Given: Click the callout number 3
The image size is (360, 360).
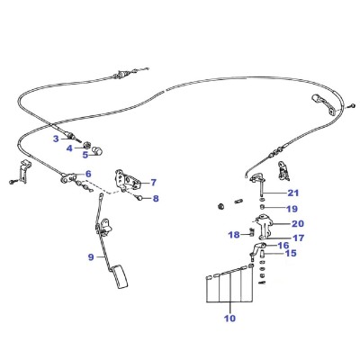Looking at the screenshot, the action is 56,139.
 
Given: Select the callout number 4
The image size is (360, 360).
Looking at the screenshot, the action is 69,148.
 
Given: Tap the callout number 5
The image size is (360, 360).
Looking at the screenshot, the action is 85,155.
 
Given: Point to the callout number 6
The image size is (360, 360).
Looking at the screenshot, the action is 88,174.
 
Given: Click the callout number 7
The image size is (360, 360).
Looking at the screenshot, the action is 154,183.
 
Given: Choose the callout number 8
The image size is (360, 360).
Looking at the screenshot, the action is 156,198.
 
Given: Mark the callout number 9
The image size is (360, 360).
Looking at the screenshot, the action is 91,257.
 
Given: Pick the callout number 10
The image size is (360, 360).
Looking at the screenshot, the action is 230,318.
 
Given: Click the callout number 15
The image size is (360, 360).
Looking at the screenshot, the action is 291,253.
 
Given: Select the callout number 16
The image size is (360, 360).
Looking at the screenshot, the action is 283,246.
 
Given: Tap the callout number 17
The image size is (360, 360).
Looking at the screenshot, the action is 298,238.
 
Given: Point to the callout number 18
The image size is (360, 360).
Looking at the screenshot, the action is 234,235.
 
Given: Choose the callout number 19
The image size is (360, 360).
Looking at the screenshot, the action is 292,209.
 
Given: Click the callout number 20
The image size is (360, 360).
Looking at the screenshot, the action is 298,223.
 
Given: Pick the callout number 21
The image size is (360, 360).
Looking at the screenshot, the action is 293,193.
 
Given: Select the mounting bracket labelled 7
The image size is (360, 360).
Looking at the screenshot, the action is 127,180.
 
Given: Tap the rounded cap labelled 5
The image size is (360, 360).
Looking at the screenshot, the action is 97,151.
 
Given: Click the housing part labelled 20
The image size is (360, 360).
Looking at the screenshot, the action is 264,226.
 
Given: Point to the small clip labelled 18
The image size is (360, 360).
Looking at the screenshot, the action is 252,232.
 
